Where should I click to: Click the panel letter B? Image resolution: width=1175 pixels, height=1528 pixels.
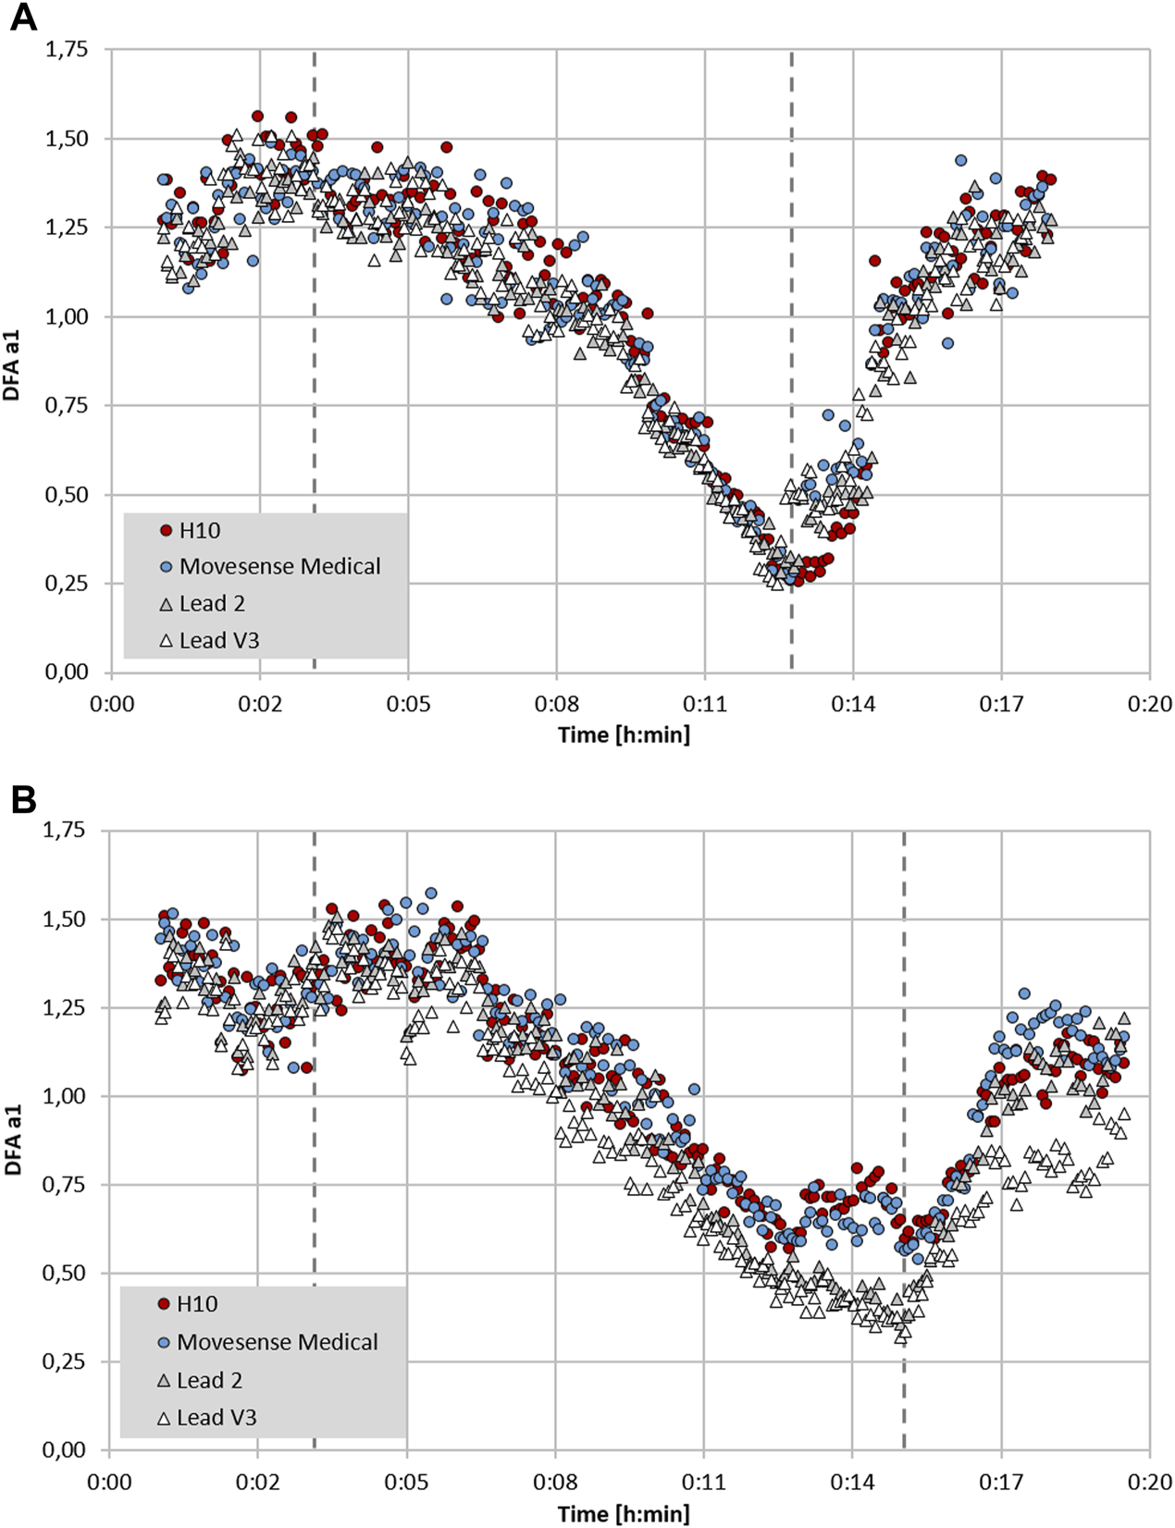point(22,798)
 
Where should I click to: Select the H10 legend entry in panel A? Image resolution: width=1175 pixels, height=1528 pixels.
point(199,530)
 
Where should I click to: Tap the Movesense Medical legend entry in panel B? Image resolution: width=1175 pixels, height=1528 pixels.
point(277,1342)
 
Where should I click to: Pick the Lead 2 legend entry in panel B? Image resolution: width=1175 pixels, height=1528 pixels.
point(209,1381)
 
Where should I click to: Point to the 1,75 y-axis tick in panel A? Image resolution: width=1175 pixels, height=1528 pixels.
point(67,49)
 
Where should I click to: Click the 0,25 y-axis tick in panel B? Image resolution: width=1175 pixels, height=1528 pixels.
point(65,1362)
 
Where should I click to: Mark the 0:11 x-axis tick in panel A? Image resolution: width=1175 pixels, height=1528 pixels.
point(705,705)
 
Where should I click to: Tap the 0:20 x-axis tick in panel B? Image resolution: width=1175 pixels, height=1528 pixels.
point(1150,1482)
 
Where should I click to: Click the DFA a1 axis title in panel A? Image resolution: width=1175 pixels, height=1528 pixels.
point(12,361)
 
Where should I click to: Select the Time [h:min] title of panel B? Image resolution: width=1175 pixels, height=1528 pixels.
point(624,1513)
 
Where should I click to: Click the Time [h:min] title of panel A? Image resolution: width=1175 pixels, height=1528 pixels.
point(624,734)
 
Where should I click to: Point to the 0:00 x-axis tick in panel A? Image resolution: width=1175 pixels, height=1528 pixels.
point(111,705)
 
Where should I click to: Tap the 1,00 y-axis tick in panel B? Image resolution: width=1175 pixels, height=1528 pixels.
point(65,1096)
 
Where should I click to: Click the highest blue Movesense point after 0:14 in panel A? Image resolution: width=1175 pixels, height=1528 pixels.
point(961,161)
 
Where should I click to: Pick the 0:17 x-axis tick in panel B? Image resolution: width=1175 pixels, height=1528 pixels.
point(1001,1482)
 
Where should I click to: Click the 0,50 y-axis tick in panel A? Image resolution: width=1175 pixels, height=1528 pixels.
point(67,495)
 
